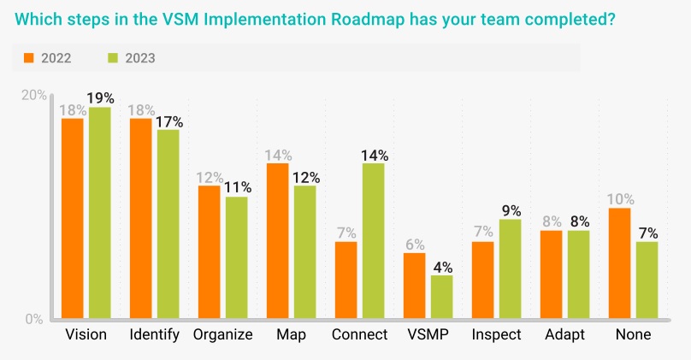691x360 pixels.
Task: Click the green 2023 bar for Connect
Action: pos(373,240)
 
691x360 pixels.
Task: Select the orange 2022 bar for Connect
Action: pos(346,280)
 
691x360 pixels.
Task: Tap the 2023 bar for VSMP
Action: pos(441,297)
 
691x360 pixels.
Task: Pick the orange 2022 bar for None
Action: pos(620,263)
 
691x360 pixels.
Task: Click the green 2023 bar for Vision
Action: pos(99,213)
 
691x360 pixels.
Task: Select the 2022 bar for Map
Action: pos(278,240)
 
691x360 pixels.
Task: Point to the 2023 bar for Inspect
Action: pos(510,269)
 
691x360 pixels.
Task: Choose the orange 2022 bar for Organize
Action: pos(209,252)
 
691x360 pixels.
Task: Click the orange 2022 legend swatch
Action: pos(29,58)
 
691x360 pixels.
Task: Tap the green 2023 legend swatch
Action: pos(113,58)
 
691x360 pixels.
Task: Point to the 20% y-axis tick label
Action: pos(34,95)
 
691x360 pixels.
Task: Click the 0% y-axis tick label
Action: pos(34,319)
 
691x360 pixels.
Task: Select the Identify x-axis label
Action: pos(154,335)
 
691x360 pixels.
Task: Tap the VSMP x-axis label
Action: pos(428,334)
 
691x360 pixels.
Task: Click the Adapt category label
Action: pos(564,335)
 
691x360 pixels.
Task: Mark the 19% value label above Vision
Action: pos(100,97)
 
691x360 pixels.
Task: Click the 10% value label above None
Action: pos(621,199)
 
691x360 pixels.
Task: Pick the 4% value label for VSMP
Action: pos(443,267)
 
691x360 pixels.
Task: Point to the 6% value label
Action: pos(415,245)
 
